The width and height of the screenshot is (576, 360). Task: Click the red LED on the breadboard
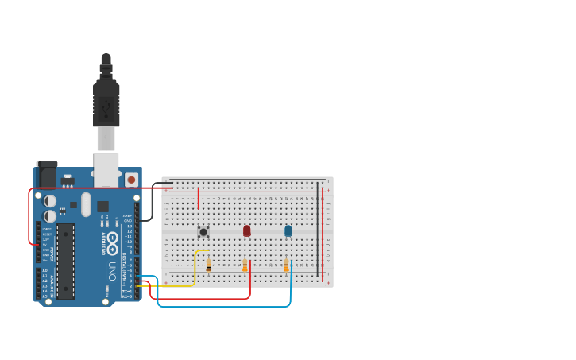click(x=246, y=230)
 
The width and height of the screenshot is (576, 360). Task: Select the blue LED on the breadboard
click(x=288, y=230)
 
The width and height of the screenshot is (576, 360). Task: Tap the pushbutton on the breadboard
click(x=203, y=232)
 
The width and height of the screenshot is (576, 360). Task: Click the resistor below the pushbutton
click(x=208, y=265)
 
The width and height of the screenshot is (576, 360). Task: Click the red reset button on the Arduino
click(x=131, y=180)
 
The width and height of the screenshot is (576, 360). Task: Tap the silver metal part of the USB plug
click(x=106, y=138)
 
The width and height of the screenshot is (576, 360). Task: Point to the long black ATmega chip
click(x=65, y=261)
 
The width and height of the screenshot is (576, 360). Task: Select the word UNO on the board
click(x=112, y=270)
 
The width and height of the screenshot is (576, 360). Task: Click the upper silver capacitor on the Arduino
click(x=50, y=201)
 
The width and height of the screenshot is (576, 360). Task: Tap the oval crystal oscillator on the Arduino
click(x=86, y=204)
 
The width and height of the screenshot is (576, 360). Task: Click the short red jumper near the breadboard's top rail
click(x=198, y=197)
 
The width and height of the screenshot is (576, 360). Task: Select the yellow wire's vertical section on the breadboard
click(x=195, y=266)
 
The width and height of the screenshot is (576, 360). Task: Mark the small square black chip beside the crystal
click(x=102, y=207)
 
